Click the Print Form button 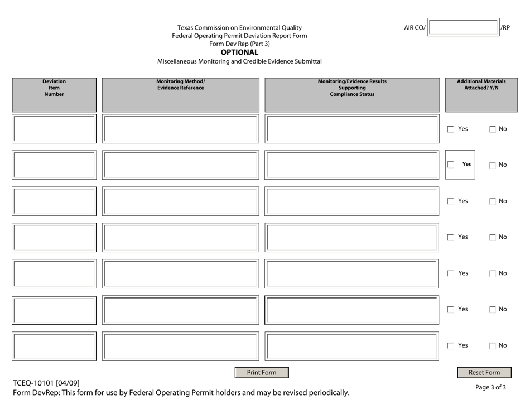pos(262,373)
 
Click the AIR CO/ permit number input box pos(464,28)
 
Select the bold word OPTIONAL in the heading pos(240,52)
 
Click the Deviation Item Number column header pos(54,88)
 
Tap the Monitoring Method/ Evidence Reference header pos(180,84)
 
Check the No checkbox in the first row pos(493,129)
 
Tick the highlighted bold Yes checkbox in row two pos(451,165)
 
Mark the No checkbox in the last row pos(493,346)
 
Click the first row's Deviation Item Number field pos(54,129)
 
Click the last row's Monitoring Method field pos(181,346)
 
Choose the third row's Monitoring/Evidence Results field pos(351,201)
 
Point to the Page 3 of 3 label pos(491,387)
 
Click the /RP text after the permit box pos(505,28)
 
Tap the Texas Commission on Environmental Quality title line pos(240,28)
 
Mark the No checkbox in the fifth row pos(493,274)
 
